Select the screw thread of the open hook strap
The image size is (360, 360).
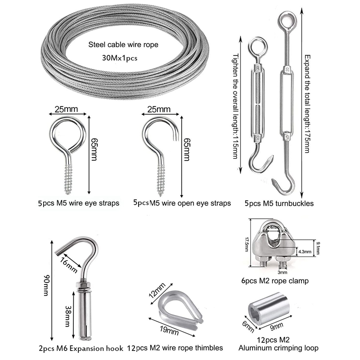161,177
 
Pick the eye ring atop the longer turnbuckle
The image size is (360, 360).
286,20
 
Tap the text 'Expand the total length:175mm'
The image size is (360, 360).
307,103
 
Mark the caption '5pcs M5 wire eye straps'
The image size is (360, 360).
78,203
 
